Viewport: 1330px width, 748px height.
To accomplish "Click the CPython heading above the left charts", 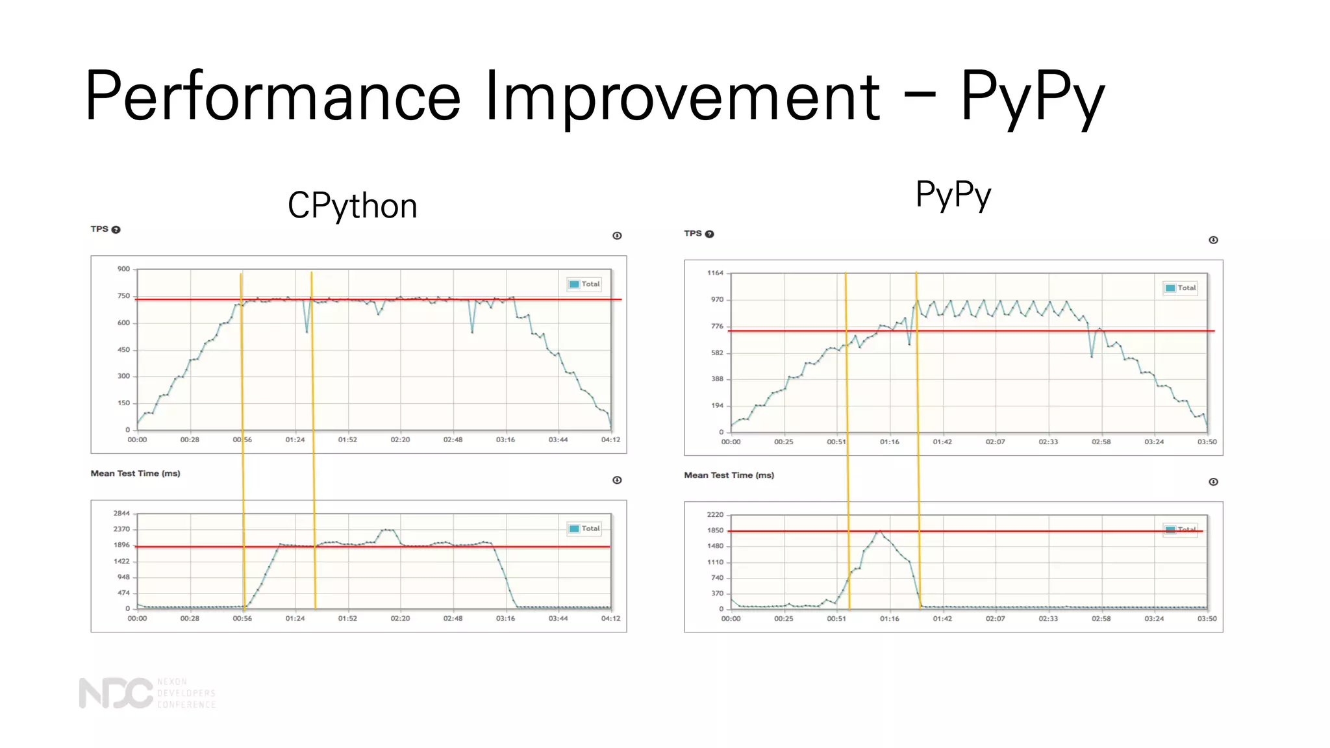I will tap(352, 206).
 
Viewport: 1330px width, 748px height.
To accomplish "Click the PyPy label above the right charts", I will tap(953, 195).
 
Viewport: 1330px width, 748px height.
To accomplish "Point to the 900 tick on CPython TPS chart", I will tap(123, 269).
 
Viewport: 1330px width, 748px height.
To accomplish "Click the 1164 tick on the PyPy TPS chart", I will tap(715, 273).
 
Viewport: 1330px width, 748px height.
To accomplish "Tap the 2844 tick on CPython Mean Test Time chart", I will tap(121, 514).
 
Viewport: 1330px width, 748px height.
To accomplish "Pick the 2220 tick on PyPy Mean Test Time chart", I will tap(715, 515).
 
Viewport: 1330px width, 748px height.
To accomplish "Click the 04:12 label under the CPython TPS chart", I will tap(610, 440).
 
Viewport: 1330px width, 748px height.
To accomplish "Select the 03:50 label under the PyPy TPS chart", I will tap(1207, 442).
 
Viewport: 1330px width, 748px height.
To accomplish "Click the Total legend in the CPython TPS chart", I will tap(584, 284).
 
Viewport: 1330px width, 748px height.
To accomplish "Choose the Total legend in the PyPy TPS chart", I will tap(1181, 288).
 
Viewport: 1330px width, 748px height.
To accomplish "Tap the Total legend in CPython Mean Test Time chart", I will tap(584, 529).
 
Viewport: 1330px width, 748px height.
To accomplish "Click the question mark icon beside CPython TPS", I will tap(116, 230).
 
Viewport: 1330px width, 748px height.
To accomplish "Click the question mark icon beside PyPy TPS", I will tap(710, 234).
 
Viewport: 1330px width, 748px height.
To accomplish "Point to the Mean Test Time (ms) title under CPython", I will tap(135, 474).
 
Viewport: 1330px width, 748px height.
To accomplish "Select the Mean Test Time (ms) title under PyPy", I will tap(729, 476).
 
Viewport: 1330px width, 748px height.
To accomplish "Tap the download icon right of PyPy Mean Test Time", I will tap(1213, 482).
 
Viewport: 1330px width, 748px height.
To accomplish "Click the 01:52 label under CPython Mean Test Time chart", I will tap(347, 619).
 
